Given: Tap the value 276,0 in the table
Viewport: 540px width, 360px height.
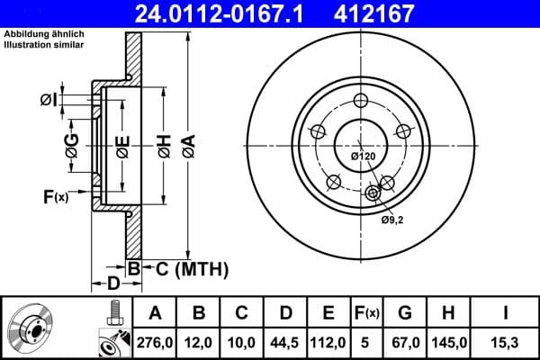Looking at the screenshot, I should click(155, 341).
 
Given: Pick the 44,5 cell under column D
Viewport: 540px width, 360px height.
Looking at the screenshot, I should click(285, 341).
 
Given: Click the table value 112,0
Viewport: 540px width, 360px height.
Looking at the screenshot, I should click(328, 341).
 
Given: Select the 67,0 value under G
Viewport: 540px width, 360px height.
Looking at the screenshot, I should click(405, 341).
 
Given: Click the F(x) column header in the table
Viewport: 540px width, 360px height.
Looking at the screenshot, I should click(366, 313).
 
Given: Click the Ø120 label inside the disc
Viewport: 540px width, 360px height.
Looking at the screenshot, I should click(363, 157).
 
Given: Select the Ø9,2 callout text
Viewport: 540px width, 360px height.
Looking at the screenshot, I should click(392, 219).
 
